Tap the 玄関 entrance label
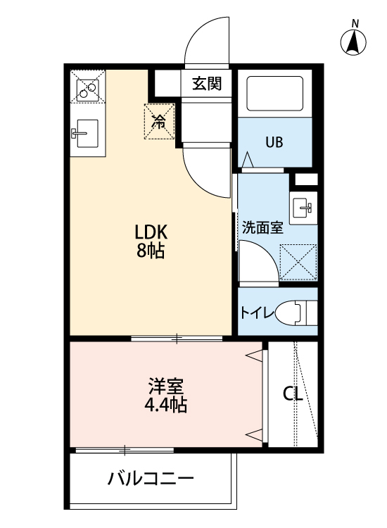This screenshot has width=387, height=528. click(x=207, y=84)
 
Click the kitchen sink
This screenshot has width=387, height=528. click(x=86, y=133)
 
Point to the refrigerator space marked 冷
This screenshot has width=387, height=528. click(x=159, y=122)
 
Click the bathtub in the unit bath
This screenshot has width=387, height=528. click(x=274, y=93)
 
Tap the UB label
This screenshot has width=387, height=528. click(x=274, y=142)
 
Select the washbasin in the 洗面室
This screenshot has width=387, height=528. click(x=303, y=208)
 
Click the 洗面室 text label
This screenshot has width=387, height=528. click(x=262, y=228)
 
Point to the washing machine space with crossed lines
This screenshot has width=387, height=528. click(x=298, y=263)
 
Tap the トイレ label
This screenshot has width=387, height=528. click(x=257, y=313)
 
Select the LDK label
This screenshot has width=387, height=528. click(x=151, y=232)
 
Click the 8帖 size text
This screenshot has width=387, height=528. click(x=151, y=251)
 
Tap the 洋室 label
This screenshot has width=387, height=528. click(x=166, y=386)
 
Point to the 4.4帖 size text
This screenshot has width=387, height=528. click(x=165, y=405)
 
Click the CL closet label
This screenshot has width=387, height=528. click(x=293, y=394)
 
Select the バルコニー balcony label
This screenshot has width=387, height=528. click(x=151, y=479)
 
